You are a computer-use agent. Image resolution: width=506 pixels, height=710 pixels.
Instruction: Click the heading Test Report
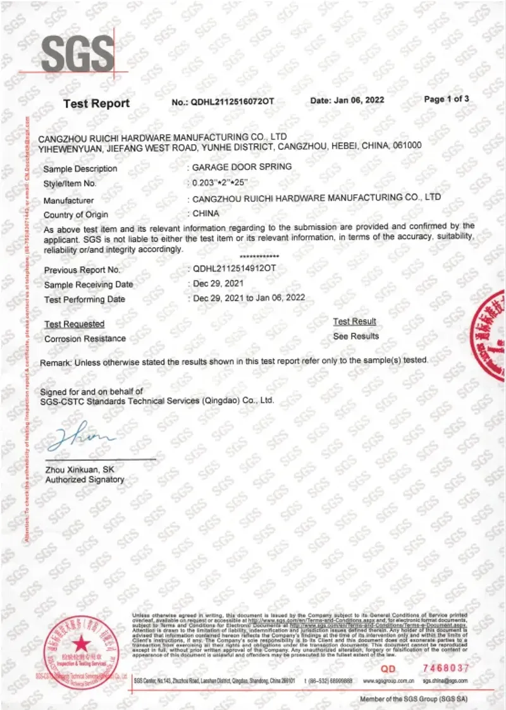96,104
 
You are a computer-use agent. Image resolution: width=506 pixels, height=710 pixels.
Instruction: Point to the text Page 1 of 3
447,99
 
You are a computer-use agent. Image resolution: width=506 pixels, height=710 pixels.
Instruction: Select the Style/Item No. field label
70,184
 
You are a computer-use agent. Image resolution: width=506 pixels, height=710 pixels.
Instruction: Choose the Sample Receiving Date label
89,285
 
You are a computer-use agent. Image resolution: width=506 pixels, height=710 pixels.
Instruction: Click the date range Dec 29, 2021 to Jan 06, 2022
249,297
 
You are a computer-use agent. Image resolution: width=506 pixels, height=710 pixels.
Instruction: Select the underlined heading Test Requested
75,324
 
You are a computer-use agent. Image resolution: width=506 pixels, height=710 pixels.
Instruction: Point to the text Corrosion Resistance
85,339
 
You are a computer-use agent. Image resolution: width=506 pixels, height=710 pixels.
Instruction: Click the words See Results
356,336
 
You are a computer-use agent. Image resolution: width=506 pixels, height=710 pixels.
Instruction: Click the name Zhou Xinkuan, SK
80,470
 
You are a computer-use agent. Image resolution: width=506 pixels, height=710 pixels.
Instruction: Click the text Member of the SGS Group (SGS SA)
414,699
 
